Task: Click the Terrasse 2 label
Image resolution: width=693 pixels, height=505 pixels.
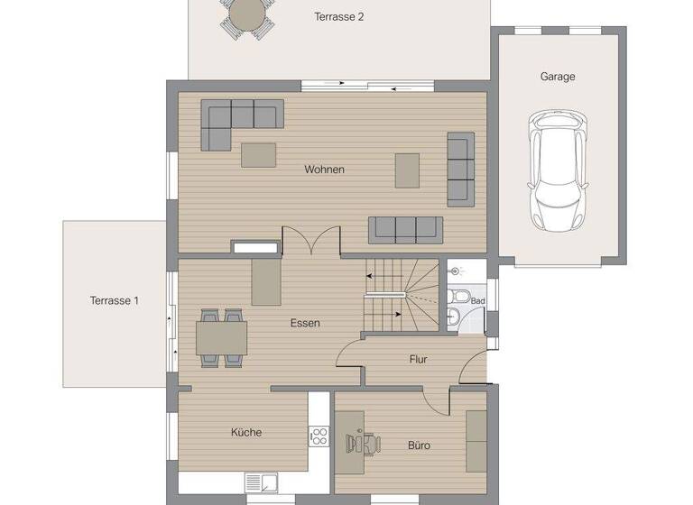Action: (338, 16)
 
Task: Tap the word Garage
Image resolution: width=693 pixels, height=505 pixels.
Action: (557, 77)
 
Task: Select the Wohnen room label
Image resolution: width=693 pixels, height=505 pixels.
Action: (324, 170)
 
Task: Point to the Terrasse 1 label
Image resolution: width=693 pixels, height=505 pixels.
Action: (114, 301)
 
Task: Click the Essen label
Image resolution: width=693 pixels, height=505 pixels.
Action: (305, 323)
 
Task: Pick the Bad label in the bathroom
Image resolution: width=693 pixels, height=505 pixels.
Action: (477, 301)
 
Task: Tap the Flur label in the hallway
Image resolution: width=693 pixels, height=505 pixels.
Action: (418, 359)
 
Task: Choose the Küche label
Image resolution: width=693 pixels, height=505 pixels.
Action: (245, 432)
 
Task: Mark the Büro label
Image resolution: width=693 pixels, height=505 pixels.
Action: (418, 445)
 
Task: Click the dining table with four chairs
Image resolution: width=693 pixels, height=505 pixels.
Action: (221, 338)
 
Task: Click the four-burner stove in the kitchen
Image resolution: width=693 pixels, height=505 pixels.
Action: (319, 436)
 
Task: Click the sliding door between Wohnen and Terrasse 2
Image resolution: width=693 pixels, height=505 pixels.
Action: (368, 86)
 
